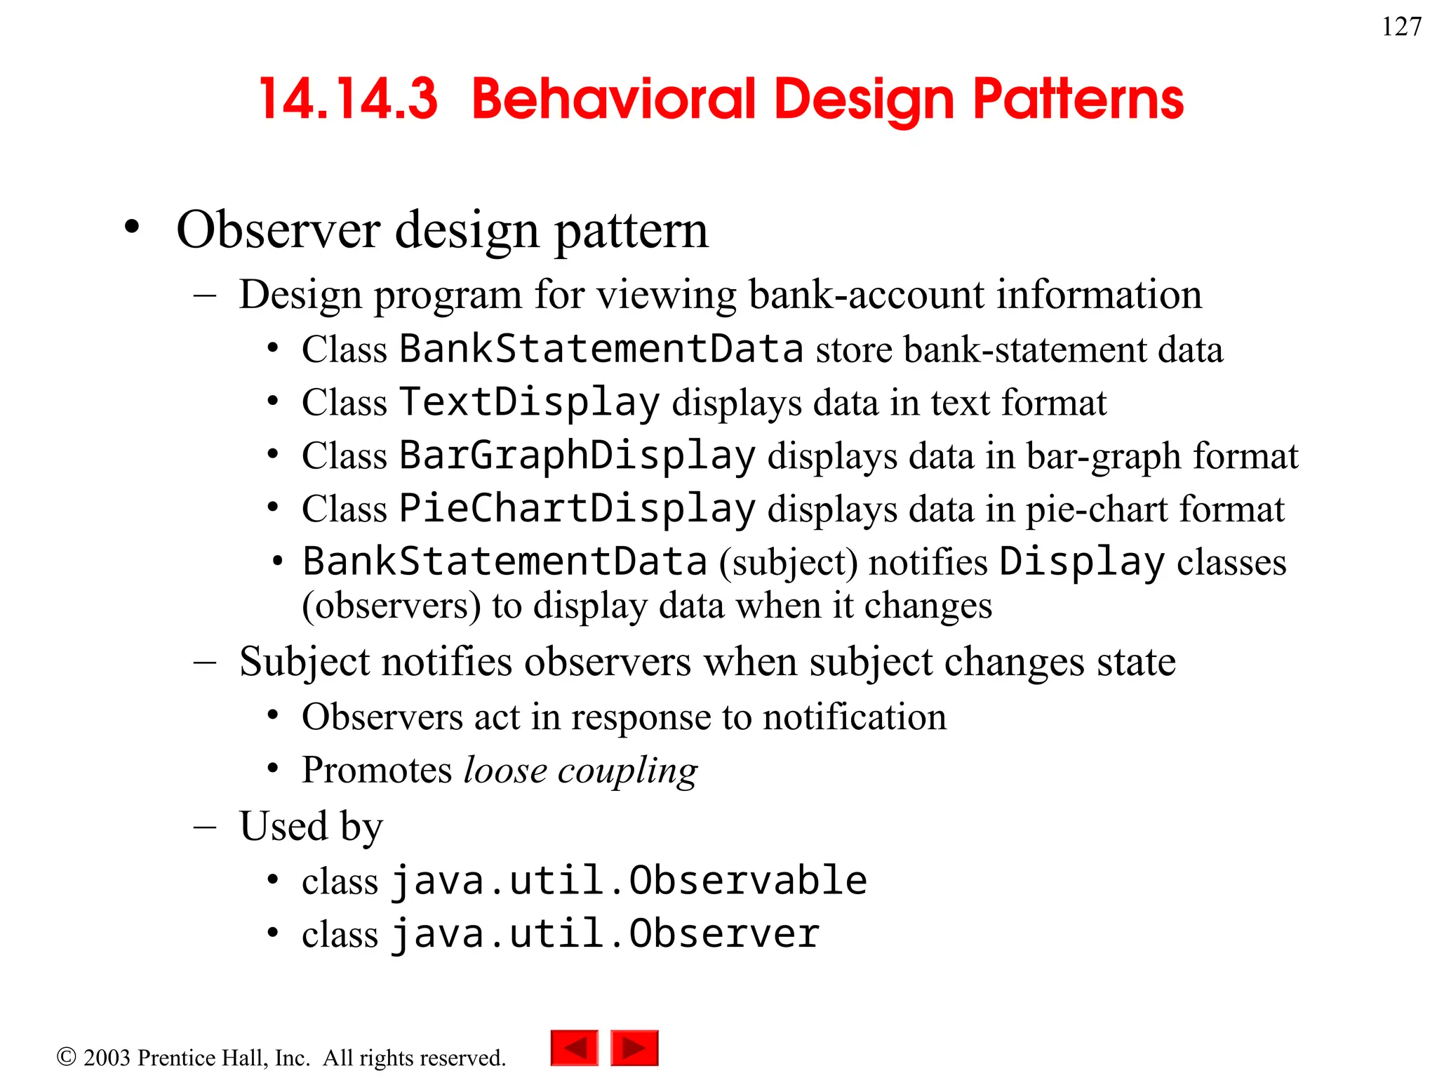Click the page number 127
pyautogui.click(x=1401, y=27)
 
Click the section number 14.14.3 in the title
pyautogui.click(x=348, y=99)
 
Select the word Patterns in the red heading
pyautogui.click(x=1078, y=99)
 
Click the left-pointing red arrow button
pyautogui.click(x=574, y=1048)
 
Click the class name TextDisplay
pyautogui.click(x=530, y=403)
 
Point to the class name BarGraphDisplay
pyautogui.click(x=577, y=456)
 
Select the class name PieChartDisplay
pyautogui.click(x=577, y=509)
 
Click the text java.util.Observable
pyautogui.click(x=629, y=881)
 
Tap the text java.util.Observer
pyautogui.click(x=605, y=934)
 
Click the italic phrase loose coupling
pyautogui.click(x=580, y=771)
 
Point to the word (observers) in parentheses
pyautogui.click(x=391, y=606)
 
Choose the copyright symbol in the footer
pyautogui.click(x=66, y=1057)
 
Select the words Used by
pyautogui.click(x=311, y=826)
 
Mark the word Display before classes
pyautogui.click(x=1081, y=562)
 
